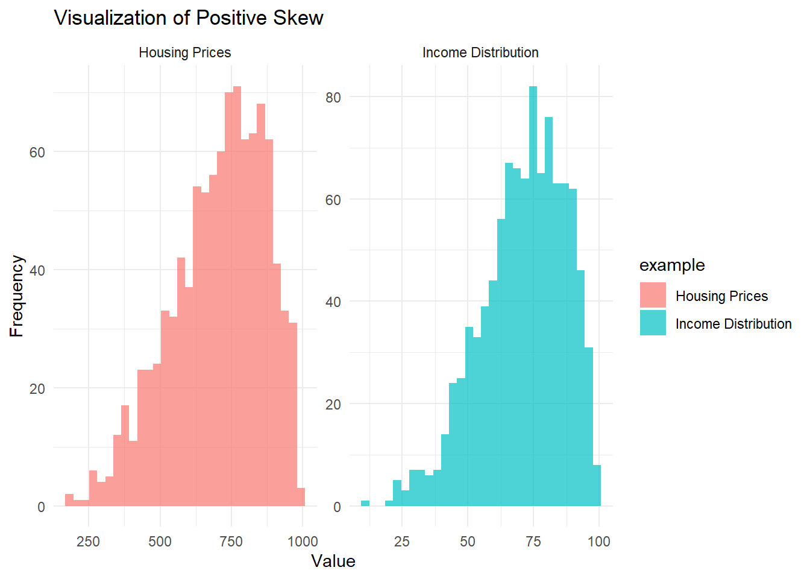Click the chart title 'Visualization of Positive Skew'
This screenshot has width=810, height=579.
(189, 18)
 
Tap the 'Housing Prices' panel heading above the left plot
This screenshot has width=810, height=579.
(184, 52)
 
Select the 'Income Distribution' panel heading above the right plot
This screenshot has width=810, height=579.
(480, 52)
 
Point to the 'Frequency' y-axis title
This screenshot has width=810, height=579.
(17, 296)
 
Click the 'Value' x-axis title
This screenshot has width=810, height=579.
(333, 561)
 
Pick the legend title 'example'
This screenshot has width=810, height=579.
(671, 265)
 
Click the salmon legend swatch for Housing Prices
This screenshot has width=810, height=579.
(653, 296)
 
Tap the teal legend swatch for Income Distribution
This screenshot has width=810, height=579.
(653, 323)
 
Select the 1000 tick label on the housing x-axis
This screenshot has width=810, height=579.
(303, 542)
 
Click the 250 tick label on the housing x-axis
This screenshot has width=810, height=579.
(88, 542)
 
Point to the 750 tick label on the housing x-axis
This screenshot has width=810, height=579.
(231, 542)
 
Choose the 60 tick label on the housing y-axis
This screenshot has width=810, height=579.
(37, 153)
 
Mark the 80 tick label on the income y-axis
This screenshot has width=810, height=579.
(333, 98)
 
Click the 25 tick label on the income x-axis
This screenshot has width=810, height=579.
(401, 542)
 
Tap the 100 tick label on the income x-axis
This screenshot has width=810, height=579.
(598, 542)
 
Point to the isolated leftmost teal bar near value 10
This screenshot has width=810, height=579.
(365, 504)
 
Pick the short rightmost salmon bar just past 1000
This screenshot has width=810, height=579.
(301, 498)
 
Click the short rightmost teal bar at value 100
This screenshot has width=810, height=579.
(597, 486)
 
